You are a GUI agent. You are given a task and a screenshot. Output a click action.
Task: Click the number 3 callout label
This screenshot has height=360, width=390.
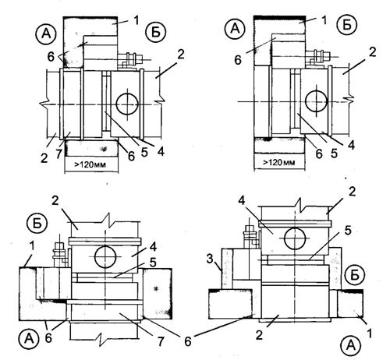click(x=210, y=259)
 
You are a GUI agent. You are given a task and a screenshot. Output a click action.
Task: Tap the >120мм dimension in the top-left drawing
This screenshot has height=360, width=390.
click(x=90, y=164)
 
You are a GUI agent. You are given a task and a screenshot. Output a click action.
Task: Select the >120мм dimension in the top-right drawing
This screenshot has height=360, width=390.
click(x=279, y=162)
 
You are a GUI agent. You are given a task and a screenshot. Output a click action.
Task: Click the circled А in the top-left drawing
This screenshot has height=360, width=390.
click(x=46, y=34)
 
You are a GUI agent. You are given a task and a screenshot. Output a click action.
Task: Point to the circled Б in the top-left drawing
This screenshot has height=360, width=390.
click(x=155, y=33)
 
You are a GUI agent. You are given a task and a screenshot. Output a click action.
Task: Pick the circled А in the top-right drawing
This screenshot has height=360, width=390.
click(x=236, y=29)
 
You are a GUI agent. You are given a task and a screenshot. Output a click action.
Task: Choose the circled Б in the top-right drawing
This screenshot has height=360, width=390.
click(x=347, y=25)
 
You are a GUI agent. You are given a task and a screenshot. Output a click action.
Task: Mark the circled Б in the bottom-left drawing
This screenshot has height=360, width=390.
click(x=37, y=224)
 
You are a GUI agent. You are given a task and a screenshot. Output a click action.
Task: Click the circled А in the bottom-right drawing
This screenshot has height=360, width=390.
click(x=351, y=346)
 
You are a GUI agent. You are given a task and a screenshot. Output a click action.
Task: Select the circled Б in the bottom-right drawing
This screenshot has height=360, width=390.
click(x=355, y=276)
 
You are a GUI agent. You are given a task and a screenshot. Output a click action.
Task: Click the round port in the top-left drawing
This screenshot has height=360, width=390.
click(x=127, y=104)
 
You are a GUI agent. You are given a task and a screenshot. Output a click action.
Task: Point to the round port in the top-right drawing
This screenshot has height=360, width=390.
click(x=316, y=101)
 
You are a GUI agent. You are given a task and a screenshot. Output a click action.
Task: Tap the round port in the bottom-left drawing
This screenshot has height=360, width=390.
click(x=105, y=257)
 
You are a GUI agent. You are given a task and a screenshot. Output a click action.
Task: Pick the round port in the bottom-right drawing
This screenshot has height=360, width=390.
click(x=295, y=238)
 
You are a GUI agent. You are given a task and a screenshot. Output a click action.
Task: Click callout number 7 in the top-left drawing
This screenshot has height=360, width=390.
click(x=59, y=154)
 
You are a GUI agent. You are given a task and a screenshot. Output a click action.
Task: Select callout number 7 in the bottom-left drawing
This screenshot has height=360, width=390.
click(x=161, y=341)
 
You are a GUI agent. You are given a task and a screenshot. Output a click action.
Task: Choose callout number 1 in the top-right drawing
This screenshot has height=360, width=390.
click(x=324, y=19)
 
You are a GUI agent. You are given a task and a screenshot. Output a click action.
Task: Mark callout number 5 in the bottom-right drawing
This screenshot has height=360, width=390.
click(x=348, y=230)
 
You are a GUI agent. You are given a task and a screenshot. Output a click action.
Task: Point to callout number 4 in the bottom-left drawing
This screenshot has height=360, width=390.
click(x=154, y=247)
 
